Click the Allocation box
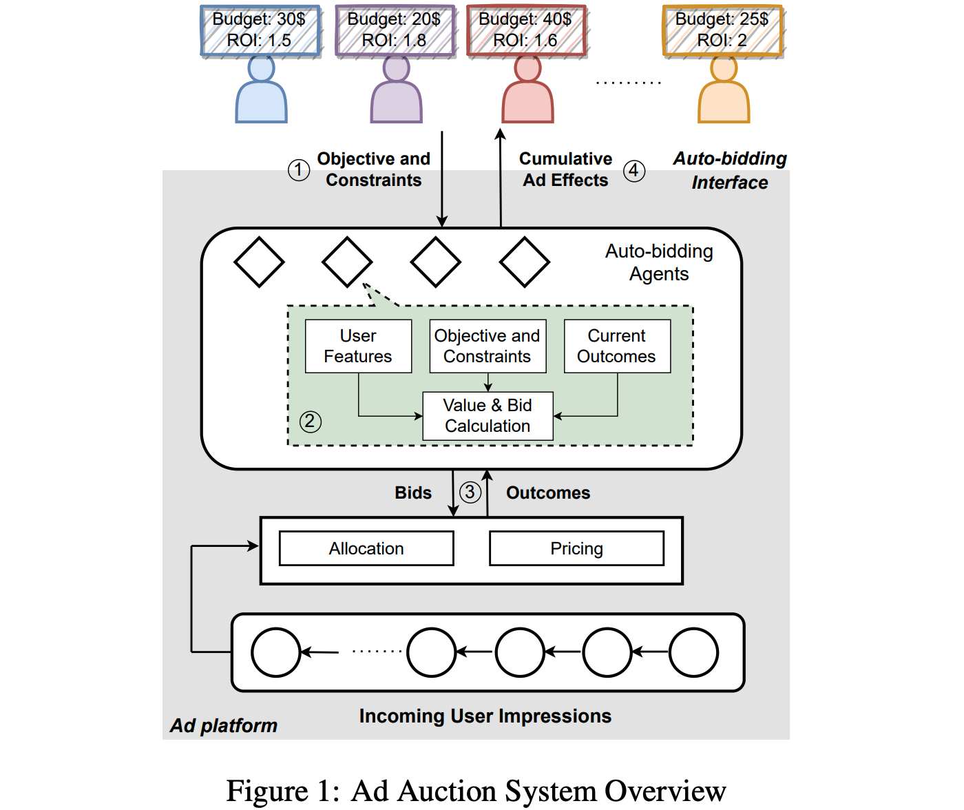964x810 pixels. [x=366, y=548]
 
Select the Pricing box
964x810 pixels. [x=576, y=548]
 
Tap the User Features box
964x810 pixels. [x=358, y=346]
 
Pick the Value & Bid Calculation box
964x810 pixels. [x=488, y=415]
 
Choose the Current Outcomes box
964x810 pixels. [x=617, y=346]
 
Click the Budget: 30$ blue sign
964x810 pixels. [x=260, y=30]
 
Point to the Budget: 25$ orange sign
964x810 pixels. [x=722, y=30]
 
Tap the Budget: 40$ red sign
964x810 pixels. [x=526, y=30]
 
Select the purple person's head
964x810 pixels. [x=396, y=68]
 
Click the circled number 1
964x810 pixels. [x=298, y=169]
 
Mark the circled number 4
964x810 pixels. [x=634, y=170]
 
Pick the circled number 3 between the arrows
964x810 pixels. [x=470, y=492]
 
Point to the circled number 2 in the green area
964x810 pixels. [x=310, y=421]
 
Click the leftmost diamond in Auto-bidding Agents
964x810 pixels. [x=259, y=262]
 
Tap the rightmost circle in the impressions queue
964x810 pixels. [x=693, y=652]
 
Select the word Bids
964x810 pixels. [x=413, y=492]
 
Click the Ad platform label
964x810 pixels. [x=224, y=725]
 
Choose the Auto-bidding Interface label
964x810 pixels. [x=730, y=170]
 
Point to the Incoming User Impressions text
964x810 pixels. [x=485, y=716]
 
